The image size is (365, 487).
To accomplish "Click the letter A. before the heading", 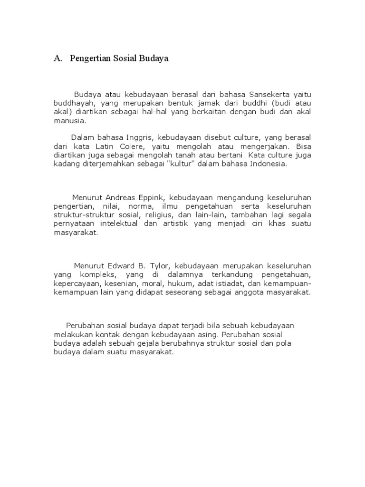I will click(58, 59).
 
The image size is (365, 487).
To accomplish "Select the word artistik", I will click(175, 224).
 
